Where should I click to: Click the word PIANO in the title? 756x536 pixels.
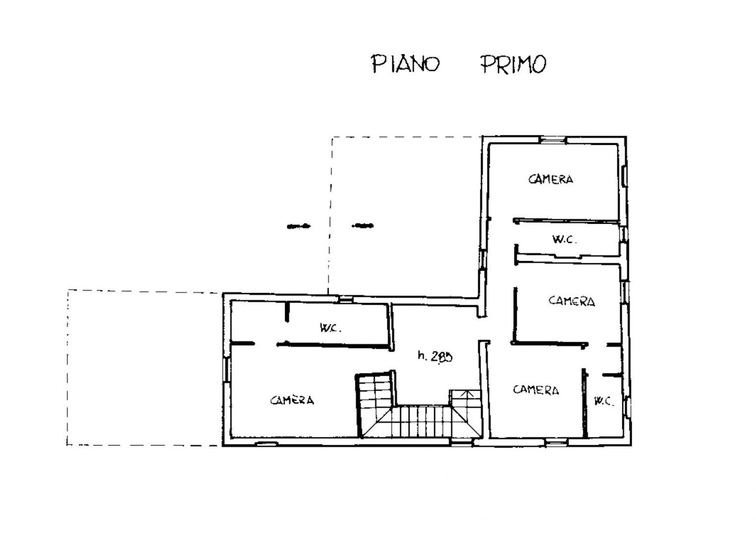pyautogui.click(x=405, y=64)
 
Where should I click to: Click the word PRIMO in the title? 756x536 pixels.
pyautogui.click(x=513, y=64)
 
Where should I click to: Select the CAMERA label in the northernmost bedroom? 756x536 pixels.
pyautogui.click(x=550, y=179)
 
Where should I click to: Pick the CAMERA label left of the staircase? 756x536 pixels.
pyautogui.click(x=292, y=400)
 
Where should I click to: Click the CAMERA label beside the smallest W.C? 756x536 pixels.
pyautogui.click(x=536, y=390)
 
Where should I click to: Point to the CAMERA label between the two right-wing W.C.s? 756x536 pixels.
pyautogui.click(x=572, y=301)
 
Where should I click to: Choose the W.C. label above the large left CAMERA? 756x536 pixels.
pyautogui.click(x=331, y=327)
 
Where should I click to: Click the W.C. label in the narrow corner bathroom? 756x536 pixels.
pyautogui.click(x=604, y=401)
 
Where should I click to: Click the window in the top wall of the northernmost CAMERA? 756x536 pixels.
pyautogui.click(x=552, y=140)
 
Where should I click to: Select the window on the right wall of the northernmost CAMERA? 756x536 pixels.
pyautogui.click(x=625, y=176)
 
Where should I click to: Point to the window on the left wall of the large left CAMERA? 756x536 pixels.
pyautogui.click(x=226, y=369)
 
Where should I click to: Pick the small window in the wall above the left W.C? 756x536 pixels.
pyautogui.click(x=345, y=299)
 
